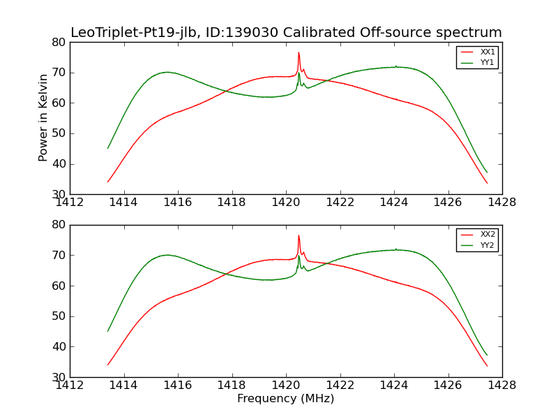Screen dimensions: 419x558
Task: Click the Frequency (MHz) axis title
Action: [x=285, y=399]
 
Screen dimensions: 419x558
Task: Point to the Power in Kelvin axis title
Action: [x=43, y=117]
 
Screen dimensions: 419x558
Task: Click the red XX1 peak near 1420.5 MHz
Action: [x=299, y=52]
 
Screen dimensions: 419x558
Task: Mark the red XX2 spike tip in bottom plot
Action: [x=299, y=235]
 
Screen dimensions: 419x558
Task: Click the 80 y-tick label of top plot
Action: [x=58, y=42]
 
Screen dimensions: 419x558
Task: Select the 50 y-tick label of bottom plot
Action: [x=58, y=316]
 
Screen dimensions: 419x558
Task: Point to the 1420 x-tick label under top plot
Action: [x=286, y=203]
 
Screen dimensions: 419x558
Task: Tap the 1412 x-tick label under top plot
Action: [x=70, y=203]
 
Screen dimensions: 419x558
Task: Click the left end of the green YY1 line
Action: [x=108, y=147]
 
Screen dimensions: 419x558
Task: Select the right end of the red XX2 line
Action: [x=487, y=366]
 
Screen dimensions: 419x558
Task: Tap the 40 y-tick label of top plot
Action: [x=58, y=164]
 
